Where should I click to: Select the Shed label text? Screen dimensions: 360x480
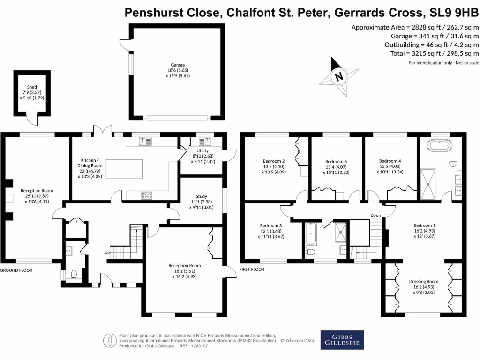tap(31, 92)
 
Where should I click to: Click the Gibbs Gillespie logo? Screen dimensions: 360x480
tap(342, 340)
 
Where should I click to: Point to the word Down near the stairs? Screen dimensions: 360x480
tap(375, 216)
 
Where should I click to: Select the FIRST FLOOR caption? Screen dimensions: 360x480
tap(252, 270)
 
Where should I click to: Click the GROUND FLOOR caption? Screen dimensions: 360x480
tap(16, 270)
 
